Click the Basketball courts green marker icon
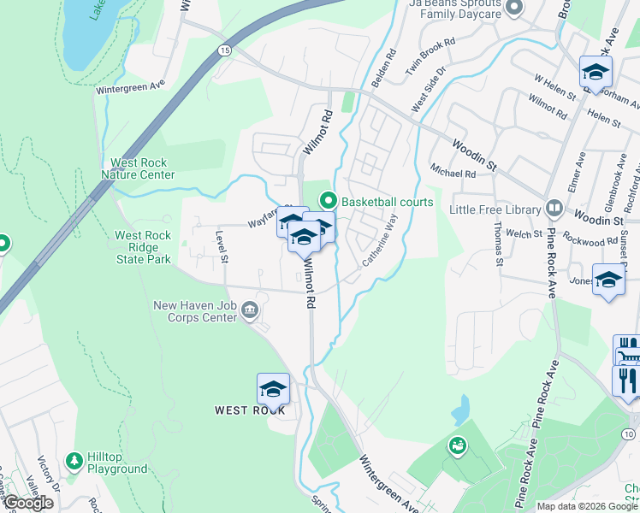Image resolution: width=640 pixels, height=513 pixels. (x=328, y=202)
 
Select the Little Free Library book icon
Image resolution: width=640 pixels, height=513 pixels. (x=554, y=209)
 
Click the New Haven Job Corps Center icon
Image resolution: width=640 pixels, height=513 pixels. (x=249, y=309)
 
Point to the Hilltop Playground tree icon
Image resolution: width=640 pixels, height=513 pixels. (x=75, y=460)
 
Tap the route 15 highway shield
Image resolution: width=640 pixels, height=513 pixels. (x=223, y=51)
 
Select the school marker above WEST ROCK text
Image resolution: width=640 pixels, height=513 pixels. (x=273, y=389)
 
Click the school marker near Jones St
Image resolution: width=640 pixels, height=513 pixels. (x=608, y=280)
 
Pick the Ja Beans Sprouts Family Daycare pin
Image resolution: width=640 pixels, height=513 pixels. (x=513, y=9)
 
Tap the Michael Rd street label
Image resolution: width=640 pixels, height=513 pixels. (x=453, y=173)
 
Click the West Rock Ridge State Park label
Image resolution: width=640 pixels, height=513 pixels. (x=143, y=247)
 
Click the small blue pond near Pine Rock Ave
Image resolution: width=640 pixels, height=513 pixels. (x=461, y=409)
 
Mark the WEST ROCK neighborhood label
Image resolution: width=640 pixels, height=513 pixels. (x=250, y=410)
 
